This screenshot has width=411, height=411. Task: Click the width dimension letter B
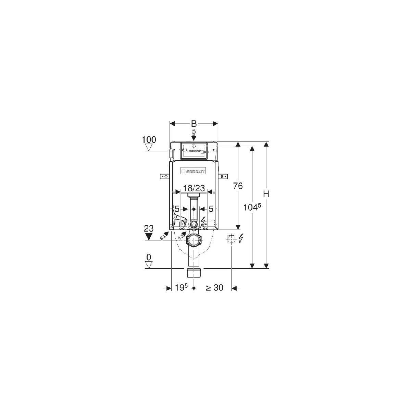pos(194,124)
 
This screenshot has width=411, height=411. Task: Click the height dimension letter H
pos(266,194)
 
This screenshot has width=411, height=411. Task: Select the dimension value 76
pos(238,186)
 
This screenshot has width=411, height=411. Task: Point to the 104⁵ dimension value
pos(252,207)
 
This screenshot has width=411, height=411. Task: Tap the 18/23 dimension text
pos(194,188)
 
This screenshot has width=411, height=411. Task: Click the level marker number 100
pos(149,140)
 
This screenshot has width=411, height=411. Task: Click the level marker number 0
pos(149,258)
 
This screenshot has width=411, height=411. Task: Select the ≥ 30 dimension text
pos(214,288)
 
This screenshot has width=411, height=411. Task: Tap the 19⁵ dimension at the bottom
pos(181,288)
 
